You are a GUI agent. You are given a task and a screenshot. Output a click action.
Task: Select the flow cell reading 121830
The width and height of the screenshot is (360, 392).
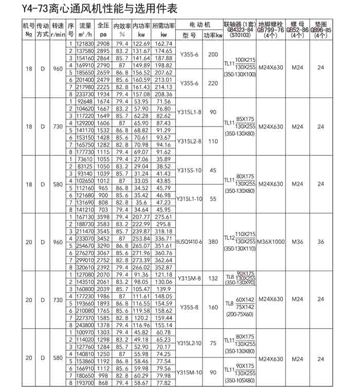point(85,44)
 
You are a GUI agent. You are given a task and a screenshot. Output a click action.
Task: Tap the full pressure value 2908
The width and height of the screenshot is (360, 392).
point(103,44)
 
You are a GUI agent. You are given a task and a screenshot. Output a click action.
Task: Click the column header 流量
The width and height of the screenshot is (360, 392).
point(85,25)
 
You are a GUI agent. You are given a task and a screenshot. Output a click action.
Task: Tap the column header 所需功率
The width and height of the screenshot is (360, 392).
point(163,25)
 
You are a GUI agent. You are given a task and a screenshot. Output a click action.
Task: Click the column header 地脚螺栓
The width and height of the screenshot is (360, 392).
point(271,24)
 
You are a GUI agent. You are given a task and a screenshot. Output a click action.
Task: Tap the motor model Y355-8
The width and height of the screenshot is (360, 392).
point(189,307)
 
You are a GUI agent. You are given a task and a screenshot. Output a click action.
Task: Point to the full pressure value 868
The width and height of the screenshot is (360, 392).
point(103,383)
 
